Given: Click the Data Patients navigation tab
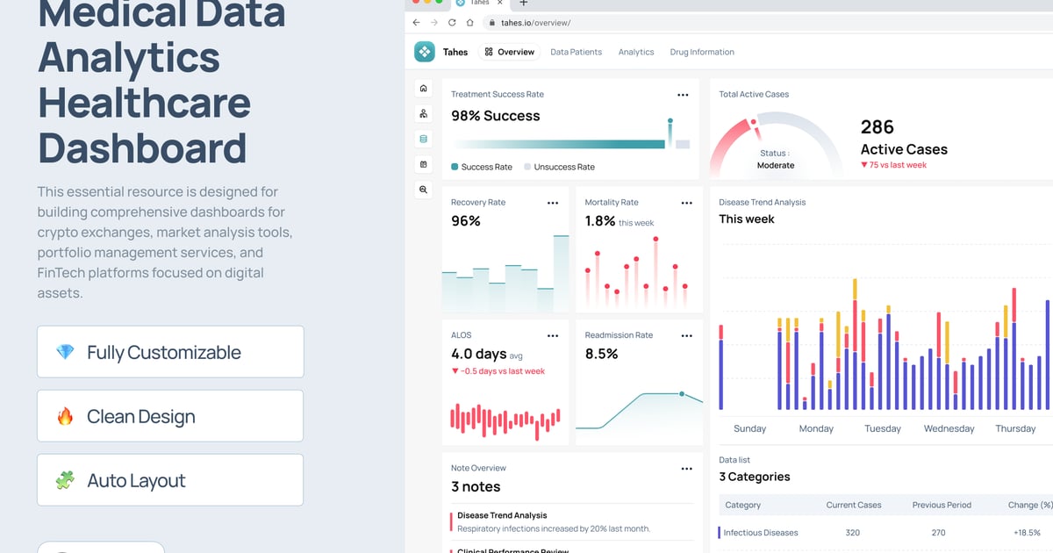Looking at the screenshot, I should point(576,52).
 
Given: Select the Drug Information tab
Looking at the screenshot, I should point(702,52).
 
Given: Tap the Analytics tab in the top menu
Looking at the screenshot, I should point(636,52).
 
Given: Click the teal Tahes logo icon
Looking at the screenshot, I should point(425,52).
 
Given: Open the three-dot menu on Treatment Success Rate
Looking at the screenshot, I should point(683,95).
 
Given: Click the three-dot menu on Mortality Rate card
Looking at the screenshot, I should point(686,203).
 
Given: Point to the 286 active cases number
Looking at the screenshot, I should point(877,126).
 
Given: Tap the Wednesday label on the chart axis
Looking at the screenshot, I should point(949,428).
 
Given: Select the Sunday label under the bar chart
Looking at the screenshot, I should point(749,428).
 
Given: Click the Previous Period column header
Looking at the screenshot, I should point(941,505).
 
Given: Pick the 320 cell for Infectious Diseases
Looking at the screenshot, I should point(853,533).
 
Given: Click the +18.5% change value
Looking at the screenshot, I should point(1027,533).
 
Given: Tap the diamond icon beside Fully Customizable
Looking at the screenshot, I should point(65,352).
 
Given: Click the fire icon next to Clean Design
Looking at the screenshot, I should point(65,416).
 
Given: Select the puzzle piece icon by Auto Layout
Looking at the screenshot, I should point(65,480).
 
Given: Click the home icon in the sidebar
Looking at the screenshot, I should point(424,88).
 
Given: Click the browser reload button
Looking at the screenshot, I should point(452,22).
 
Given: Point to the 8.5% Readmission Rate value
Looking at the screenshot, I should point(601,354).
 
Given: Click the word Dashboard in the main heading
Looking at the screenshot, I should point(142,147).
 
